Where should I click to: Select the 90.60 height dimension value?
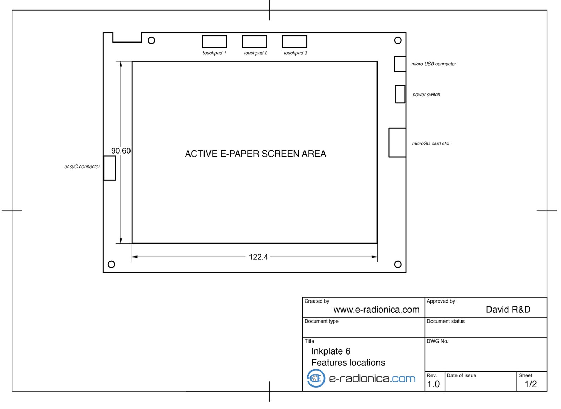coord(121,151)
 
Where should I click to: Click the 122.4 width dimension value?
coord(258,257)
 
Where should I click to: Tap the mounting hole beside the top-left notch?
coord(152,37)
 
